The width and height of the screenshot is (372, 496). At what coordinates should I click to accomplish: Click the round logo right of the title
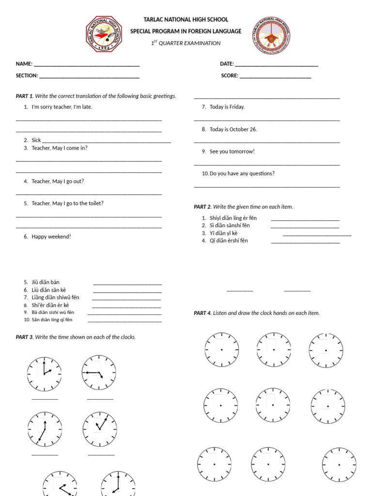point(271,35)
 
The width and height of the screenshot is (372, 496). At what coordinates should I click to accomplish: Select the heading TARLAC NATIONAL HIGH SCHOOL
point(186,19)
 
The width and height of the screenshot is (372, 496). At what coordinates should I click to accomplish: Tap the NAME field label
point(24,64)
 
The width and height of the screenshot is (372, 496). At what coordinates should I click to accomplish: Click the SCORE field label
point(230,76)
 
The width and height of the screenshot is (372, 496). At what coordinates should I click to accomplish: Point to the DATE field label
point(227,64)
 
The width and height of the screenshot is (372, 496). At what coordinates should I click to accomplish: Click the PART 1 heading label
point(24,96)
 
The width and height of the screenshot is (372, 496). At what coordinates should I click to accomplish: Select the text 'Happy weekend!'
point(51,237)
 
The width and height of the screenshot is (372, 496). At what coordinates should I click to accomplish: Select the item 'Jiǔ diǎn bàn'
point(46,282)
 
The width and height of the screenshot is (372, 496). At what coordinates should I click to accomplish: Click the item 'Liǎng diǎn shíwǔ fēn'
point(55,297)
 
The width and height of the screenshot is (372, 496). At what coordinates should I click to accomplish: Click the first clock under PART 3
point(44,374)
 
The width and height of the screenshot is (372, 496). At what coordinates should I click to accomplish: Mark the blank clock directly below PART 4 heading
point(221,349)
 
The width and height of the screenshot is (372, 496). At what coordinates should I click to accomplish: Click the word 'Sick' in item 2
point(36,140)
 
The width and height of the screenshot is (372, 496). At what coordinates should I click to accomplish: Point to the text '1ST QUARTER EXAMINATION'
point(186,43)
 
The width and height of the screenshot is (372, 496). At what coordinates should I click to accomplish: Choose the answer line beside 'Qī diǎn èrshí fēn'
point(305,241)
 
